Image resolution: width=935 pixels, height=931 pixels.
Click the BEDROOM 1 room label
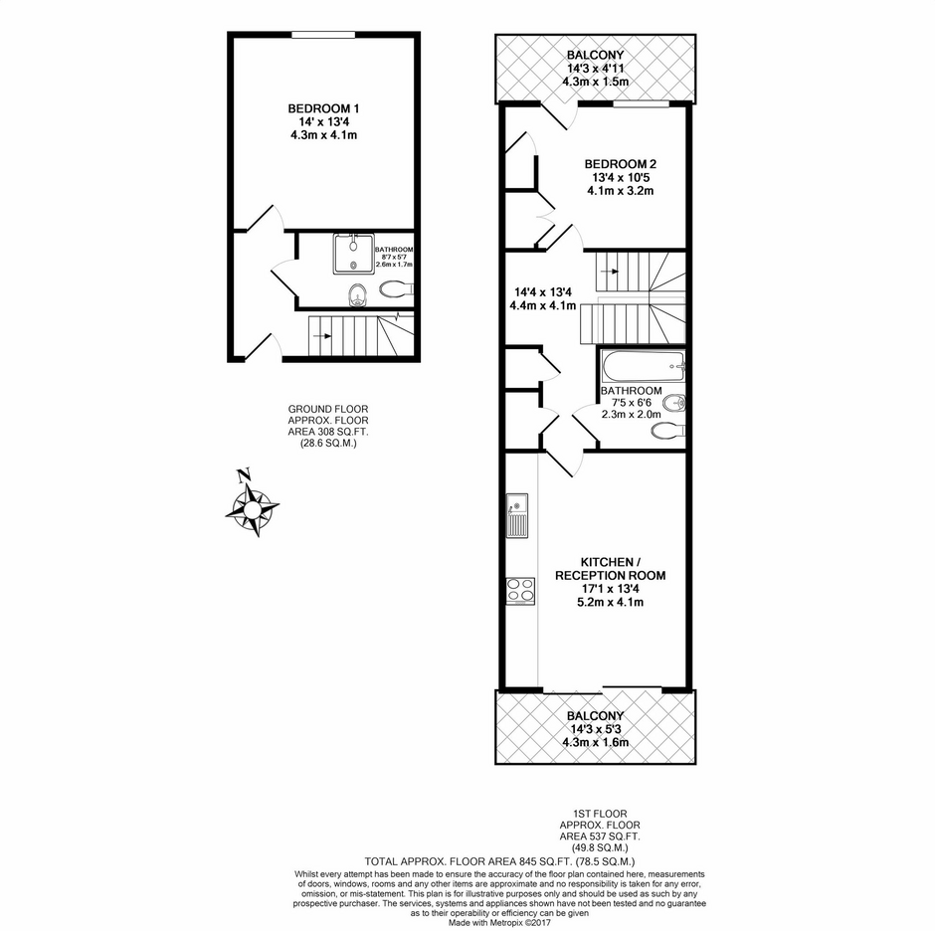tap(323, 108)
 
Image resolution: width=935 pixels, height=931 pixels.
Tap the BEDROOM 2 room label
tap(620, 164)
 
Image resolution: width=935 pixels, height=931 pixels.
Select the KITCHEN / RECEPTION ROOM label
tap(611, 569)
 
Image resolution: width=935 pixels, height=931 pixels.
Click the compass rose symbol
tap(253, 505)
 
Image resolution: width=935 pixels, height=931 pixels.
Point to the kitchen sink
tap(517, 516)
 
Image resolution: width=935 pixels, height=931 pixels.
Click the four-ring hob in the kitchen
tap(520, 591)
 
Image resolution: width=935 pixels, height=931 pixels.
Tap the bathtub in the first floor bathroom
tap(643, 367)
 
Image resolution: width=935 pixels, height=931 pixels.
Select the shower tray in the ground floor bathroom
tap(354, 254)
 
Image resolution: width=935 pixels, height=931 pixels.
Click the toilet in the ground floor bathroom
tap(395, 289)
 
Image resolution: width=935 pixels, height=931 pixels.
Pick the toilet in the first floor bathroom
tap(667, 431)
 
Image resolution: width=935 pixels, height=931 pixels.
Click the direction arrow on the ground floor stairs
tap(321, 336)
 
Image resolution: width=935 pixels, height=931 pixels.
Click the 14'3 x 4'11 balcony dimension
tap(595, 69)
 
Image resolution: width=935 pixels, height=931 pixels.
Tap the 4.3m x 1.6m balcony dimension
tap(595, 743)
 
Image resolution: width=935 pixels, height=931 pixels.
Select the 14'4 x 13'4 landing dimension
tap(543, 292)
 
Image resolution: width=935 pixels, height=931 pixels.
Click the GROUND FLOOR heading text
tap(328, 409)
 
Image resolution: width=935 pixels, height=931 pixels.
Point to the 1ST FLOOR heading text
tap(600, 814)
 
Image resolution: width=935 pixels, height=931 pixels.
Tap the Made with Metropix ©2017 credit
tap(499, 922)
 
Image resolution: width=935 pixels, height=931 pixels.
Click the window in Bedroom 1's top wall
tap(323, 35)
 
